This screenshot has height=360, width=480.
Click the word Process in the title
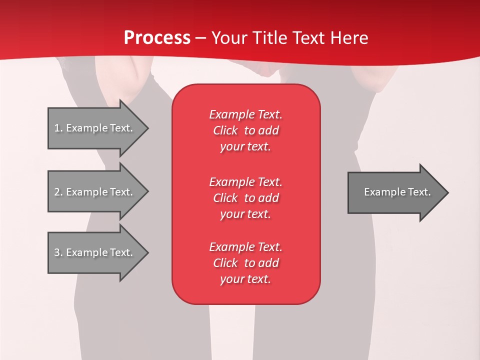157,38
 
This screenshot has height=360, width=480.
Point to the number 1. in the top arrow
58,128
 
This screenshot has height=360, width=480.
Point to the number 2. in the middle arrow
58,192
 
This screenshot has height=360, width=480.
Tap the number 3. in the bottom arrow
58,252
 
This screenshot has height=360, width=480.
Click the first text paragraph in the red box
245,130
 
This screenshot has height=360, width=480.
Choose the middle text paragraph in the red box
245,198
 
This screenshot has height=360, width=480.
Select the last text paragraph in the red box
245,263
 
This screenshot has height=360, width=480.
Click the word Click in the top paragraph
225,130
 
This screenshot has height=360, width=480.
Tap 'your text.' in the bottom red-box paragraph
245,279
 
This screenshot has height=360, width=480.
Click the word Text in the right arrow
419,192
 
